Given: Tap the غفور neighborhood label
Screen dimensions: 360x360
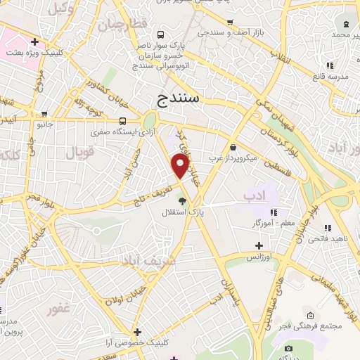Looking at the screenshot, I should (59, 309).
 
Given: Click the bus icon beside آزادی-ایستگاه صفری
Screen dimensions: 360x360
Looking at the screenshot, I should (123, 120).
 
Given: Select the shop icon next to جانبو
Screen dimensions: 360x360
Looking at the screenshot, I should (46, 114).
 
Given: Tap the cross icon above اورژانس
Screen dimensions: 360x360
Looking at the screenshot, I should (259, 245).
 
